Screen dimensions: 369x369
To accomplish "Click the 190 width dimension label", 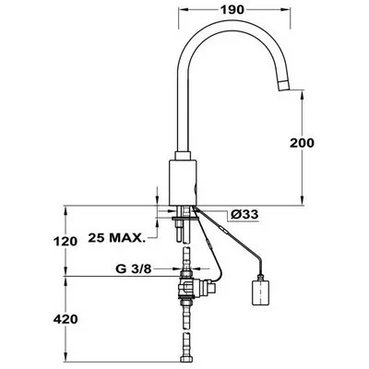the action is click(x=232, y=10).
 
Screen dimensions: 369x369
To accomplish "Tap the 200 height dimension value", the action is click(x=302, y=143).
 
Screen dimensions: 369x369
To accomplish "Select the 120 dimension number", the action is click(x=65, y=242).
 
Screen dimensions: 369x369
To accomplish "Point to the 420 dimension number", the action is click(x=65, y=319).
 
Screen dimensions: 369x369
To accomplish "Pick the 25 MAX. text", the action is click(x=116, y=238).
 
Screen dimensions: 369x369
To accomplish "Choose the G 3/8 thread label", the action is click(x=134, y=269).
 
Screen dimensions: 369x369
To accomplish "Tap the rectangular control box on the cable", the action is click(x=260, y=290).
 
